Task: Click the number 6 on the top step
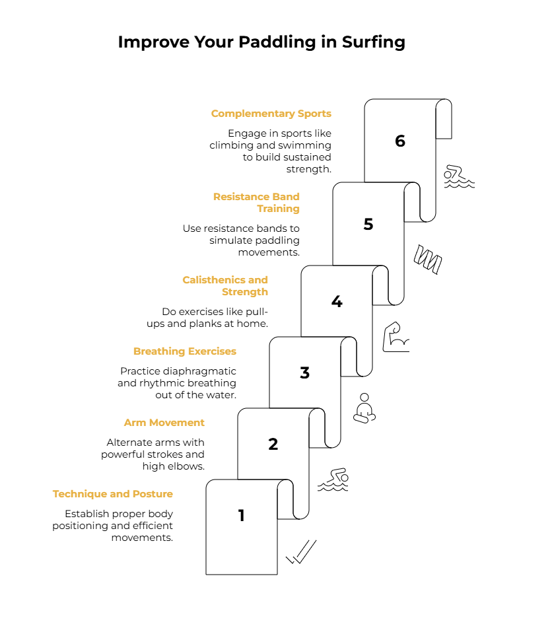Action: (399, 141)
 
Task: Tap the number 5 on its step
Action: (368, 224)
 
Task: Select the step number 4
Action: (337, 302)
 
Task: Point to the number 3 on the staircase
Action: (305, 373)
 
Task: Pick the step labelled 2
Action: (273, 444)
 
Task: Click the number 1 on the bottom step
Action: (242, 515)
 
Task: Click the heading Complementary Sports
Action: (271, 114)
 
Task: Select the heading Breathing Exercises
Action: (185, 351)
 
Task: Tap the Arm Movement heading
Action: (164, 423)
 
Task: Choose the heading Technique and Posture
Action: (113, 494)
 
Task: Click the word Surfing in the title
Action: (373, 42)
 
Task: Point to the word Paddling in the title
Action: (277, 42)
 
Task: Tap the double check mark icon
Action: (301, 552)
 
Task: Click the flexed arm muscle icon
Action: (396, 337)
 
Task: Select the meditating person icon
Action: (364, 408)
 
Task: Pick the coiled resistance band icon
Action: (427, 259)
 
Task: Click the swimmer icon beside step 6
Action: (459, 176)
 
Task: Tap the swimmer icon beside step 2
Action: (333, 480)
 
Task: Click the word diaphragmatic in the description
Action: (207, 371)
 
